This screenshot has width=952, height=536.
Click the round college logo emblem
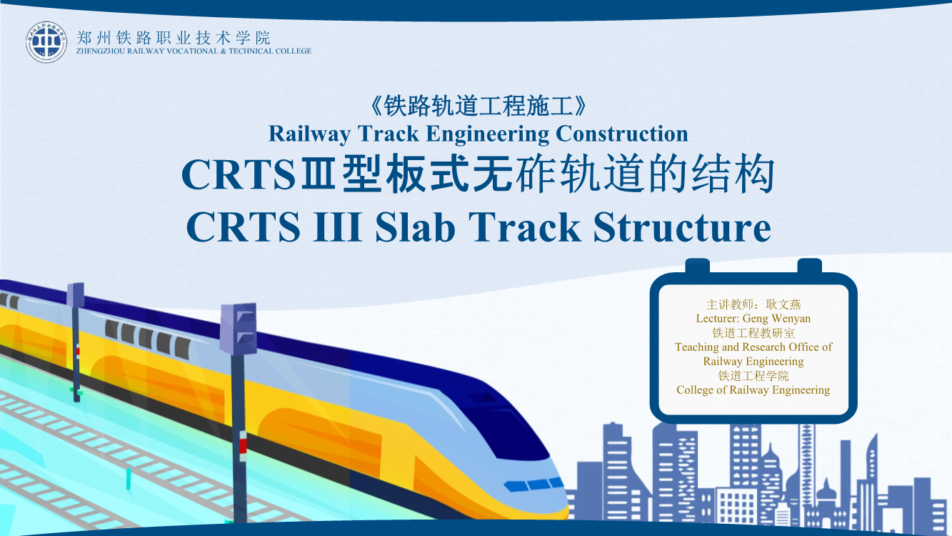point(46,43)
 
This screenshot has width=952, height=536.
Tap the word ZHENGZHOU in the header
point(101,51)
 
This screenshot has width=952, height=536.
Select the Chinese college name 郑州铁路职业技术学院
point(174,38)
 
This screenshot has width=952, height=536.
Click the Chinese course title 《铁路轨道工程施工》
point(478,106)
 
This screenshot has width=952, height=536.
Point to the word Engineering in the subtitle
point(488,134)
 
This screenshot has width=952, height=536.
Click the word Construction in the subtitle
point(622,134)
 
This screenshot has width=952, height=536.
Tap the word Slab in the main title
point(415,227)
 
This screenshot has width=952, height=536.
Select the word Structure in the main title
point(682,227)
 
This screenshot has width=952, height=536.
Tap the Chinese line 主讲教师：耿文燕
point(753,304)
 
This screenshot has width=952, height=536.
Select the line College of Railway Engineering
point(753,390)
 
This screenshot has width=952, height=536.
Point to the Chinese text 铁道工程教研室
point(753,332)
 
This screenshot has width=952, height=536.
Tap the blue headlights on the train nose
point(533,485)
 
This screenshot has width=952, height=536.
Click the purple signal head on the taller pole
point(239,329)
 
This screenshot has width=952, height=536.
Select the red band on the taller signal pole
point(243,446)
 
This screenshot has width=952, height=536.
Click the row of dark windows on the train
point(147,339)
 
